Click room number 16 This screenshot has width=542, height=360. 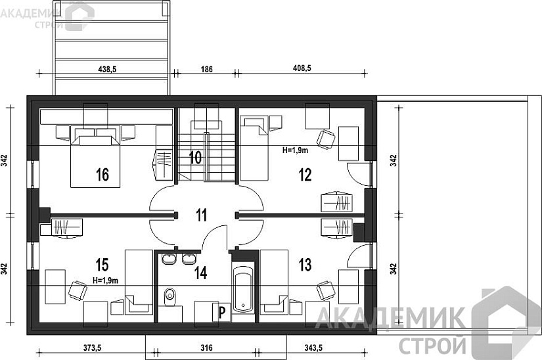pyautogui.click(x=102, y=175)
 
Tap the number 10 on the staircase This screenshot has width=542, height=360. pyautogui.click(x=195, y=158)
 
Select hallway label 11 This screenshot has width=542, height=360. pyautogui.click(x=202, y=215)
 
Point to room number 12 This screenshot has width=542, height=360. pyautogui.click(x=305, y=175)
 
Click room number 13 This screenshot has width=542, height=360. pyautogui.click(x=305, y=265)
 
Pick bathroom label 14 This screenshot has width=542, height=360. pyautogui.click(x=200, y=273)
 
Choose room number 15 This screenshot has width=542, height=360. pyautogui.click(x=102, y=265)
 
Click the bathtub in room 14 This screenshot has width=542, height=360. pyautogui.click(x=243, y=288)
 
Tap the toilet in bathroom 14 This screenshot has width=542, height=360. pyautogui.click(x=170, y=296)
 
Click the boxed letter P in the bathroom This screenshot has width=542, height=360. pyautogui.click(x=221, y=312)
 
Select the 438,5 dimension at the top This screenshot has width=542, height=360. pyautogui.click(x=107, y=70)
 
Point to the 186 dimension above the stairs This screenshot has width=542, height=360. pyautogui.click(x=207, y=70)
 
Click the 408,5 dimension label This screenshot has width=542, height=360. pyautogui.click(x=302, y=68)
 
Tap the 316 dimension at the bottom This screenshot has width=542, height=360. pyautogui.click(x=206, y=348)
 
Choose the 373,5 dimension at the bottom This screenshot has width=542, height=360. pyautogui.click(x=92, y=348)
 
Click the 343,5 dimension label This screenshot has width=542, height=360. pyautogui.click(x=313, y=348)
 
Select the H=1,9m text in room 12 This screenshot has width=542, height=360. pyautogui.click(x=295, y=150)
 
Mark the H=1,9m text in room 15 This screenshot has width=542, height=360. pyautogui.click(x=105, y=281)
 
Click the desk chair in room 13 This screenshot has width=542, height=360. pyautogui.click(x=325, y=290)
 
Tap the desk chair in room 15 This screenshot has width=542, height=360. pyautogui.click(x=78, y=290)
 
